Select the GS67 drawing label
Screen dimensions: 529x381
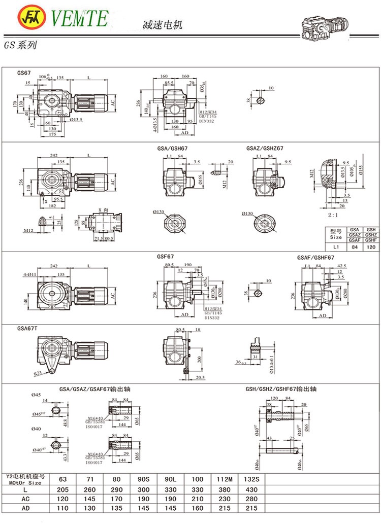(24, 73)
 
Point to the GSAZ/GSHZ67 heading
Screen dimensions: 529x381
(265, 149)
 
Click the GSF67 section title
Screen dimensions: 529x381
(166, 257)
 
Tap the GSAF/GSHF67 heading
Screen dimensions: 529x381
(315, 258)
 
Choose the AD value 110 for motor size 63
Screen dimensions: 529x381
(62, 508)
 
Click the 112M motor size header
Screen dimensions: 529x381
(224, 479)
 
